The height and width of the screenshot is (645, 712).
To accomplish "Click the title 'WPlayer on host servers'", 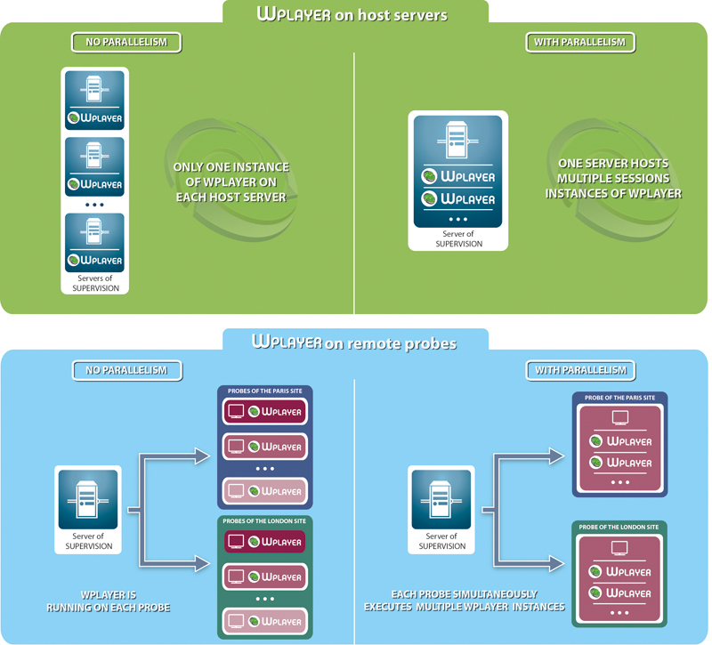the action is pos(352,14).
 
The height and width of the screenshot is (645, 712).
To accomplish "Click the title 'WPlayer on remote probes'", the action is pos(354,343).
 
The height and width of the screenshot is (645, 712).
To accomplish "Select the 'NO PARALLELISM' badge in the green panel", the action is pos(126,42).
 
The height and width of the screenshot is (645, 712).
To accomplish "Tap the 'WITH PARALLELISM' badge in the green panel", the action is pos(580,42).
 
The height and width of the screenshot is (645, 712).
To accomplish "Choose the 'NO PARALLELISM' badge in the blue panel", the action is pos(127,370).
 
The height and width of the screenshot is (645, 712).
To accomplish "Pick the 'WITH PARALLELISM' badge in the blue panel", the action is pos(581,370).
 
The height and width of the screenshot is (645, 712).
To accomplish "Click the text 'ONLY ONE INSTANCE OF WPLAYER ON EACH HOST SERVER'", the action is pos(231,182).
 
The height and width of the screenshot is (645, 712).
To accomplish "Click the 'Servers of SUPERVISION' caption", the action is pos(95,283).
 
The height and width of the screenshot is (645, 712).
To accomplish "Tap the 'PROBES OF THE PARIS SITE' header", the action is pos(265,391).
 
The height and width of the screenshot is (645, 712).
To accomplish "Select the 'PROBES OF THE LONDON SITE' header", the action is pos(264,521).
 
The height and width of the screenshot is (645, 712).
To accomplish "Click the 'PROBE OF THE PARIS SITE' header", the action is pos(619,398).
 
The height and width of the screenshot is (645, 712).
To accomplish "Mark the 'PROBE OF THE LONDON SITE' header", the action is pos(619,527).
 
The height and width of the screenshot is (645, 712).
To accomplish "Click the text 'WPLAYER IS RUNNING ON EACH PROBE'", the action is pos(108,601).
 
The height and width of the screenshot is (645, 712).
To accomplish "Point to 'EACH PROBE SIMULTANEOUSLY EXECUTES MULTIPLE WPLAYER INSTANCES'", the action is pos(464,601).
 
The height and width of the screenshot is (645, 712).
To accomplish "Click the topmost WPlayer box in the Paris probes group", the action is pos(265,412).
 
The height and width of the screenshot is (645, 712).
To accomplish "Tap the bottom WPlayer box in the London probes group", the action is pos(265,621).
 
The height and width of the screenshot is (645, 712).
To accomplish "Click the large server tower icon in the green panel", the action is pos(457,140).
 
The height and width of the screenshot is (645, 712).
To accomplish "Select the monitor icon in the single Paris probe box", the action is pos(620,417).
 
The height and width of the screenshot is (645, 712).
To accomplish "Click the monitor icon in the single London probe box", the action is pos(619,548).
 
